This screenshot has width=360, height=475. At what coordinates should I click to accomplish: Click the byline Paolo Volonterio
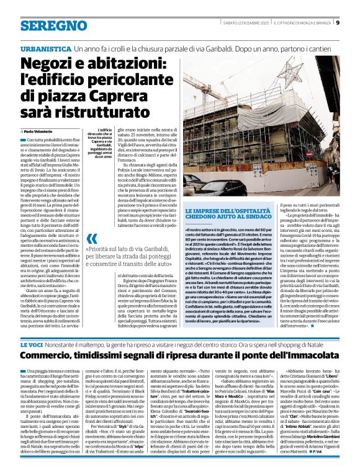pyautogui.click(x=41, y=132)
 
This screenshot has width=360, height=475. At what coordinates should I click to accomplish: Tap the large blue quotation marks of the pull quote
pyautogui.click(x=91, y=238)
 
